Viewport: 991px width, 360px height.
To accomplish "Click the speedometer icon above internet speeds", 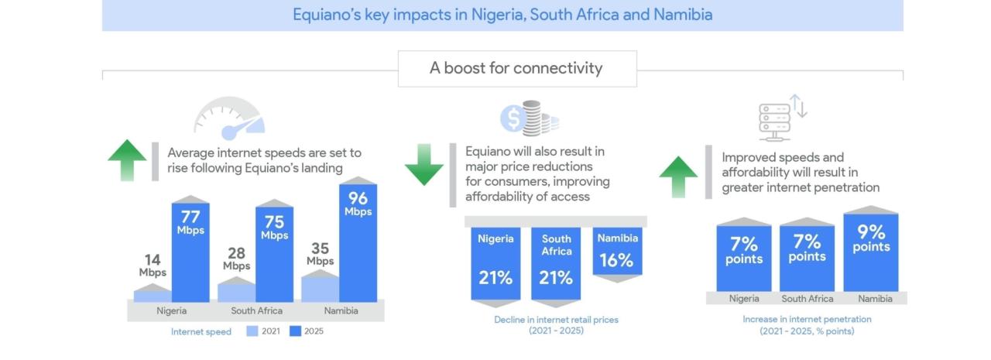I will (x=229, y=117).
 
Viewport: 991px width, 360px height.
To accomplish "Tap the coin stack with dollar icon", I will (x=530, y=118).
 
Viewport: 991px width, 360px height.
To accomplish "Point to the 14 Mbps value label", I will (x=153, y=266).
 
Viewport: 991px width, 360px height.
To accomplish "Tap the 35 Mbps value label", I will (x=320, y=254).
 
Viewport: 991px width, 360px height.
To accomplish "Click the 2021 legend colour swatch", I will (x=252, y=331).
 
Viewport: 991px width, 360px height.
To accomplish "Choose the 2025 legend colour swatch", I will (x=295, y=331).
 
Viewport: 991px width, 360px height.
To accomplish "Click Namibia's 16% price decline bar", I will (x=617, y=252).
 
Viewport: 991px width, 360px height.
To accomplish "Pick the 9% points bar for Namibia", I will (x=871, y=252).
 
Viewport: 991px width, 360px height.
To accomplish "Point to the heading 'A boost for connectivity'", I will (x=516, y=68).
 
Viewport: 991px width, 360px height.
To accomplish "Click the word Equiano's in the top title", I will (x=327, y=15).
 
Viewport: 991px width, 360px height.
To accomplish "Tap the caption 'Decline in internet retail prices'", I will (x=556, y=319).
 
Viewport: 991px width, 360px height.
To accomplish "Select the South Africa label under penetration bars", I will (x=808, y=299).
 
